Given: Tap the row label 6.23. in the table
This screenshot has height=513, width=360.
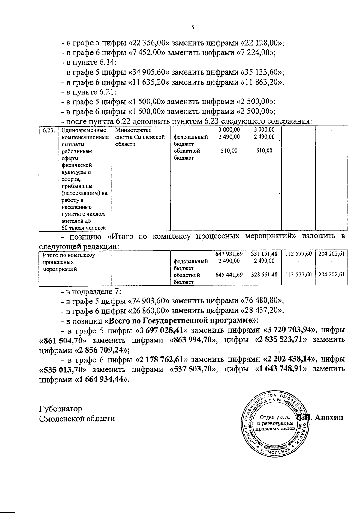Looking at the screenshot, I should [x=48, y=130].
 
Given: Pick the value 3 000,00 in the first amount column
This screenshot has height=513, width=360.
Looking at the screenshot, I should [x=229, y=130].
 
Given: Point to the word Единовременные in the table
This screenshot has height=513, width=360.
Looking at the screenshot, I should [x=84, y=130].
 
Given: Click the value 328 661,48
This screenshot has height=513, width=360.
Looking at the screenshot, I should [x=264, y=274].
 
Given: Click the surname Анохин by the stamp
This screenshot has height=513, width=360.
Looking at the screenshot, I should [x=329, y=418].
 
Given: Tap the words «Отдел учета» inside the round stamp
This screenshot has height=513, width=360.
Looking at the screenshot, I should [x=274, y=417].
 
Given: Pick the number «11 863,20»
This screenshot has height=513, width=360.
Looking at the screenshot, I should [x=262, y=82].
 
